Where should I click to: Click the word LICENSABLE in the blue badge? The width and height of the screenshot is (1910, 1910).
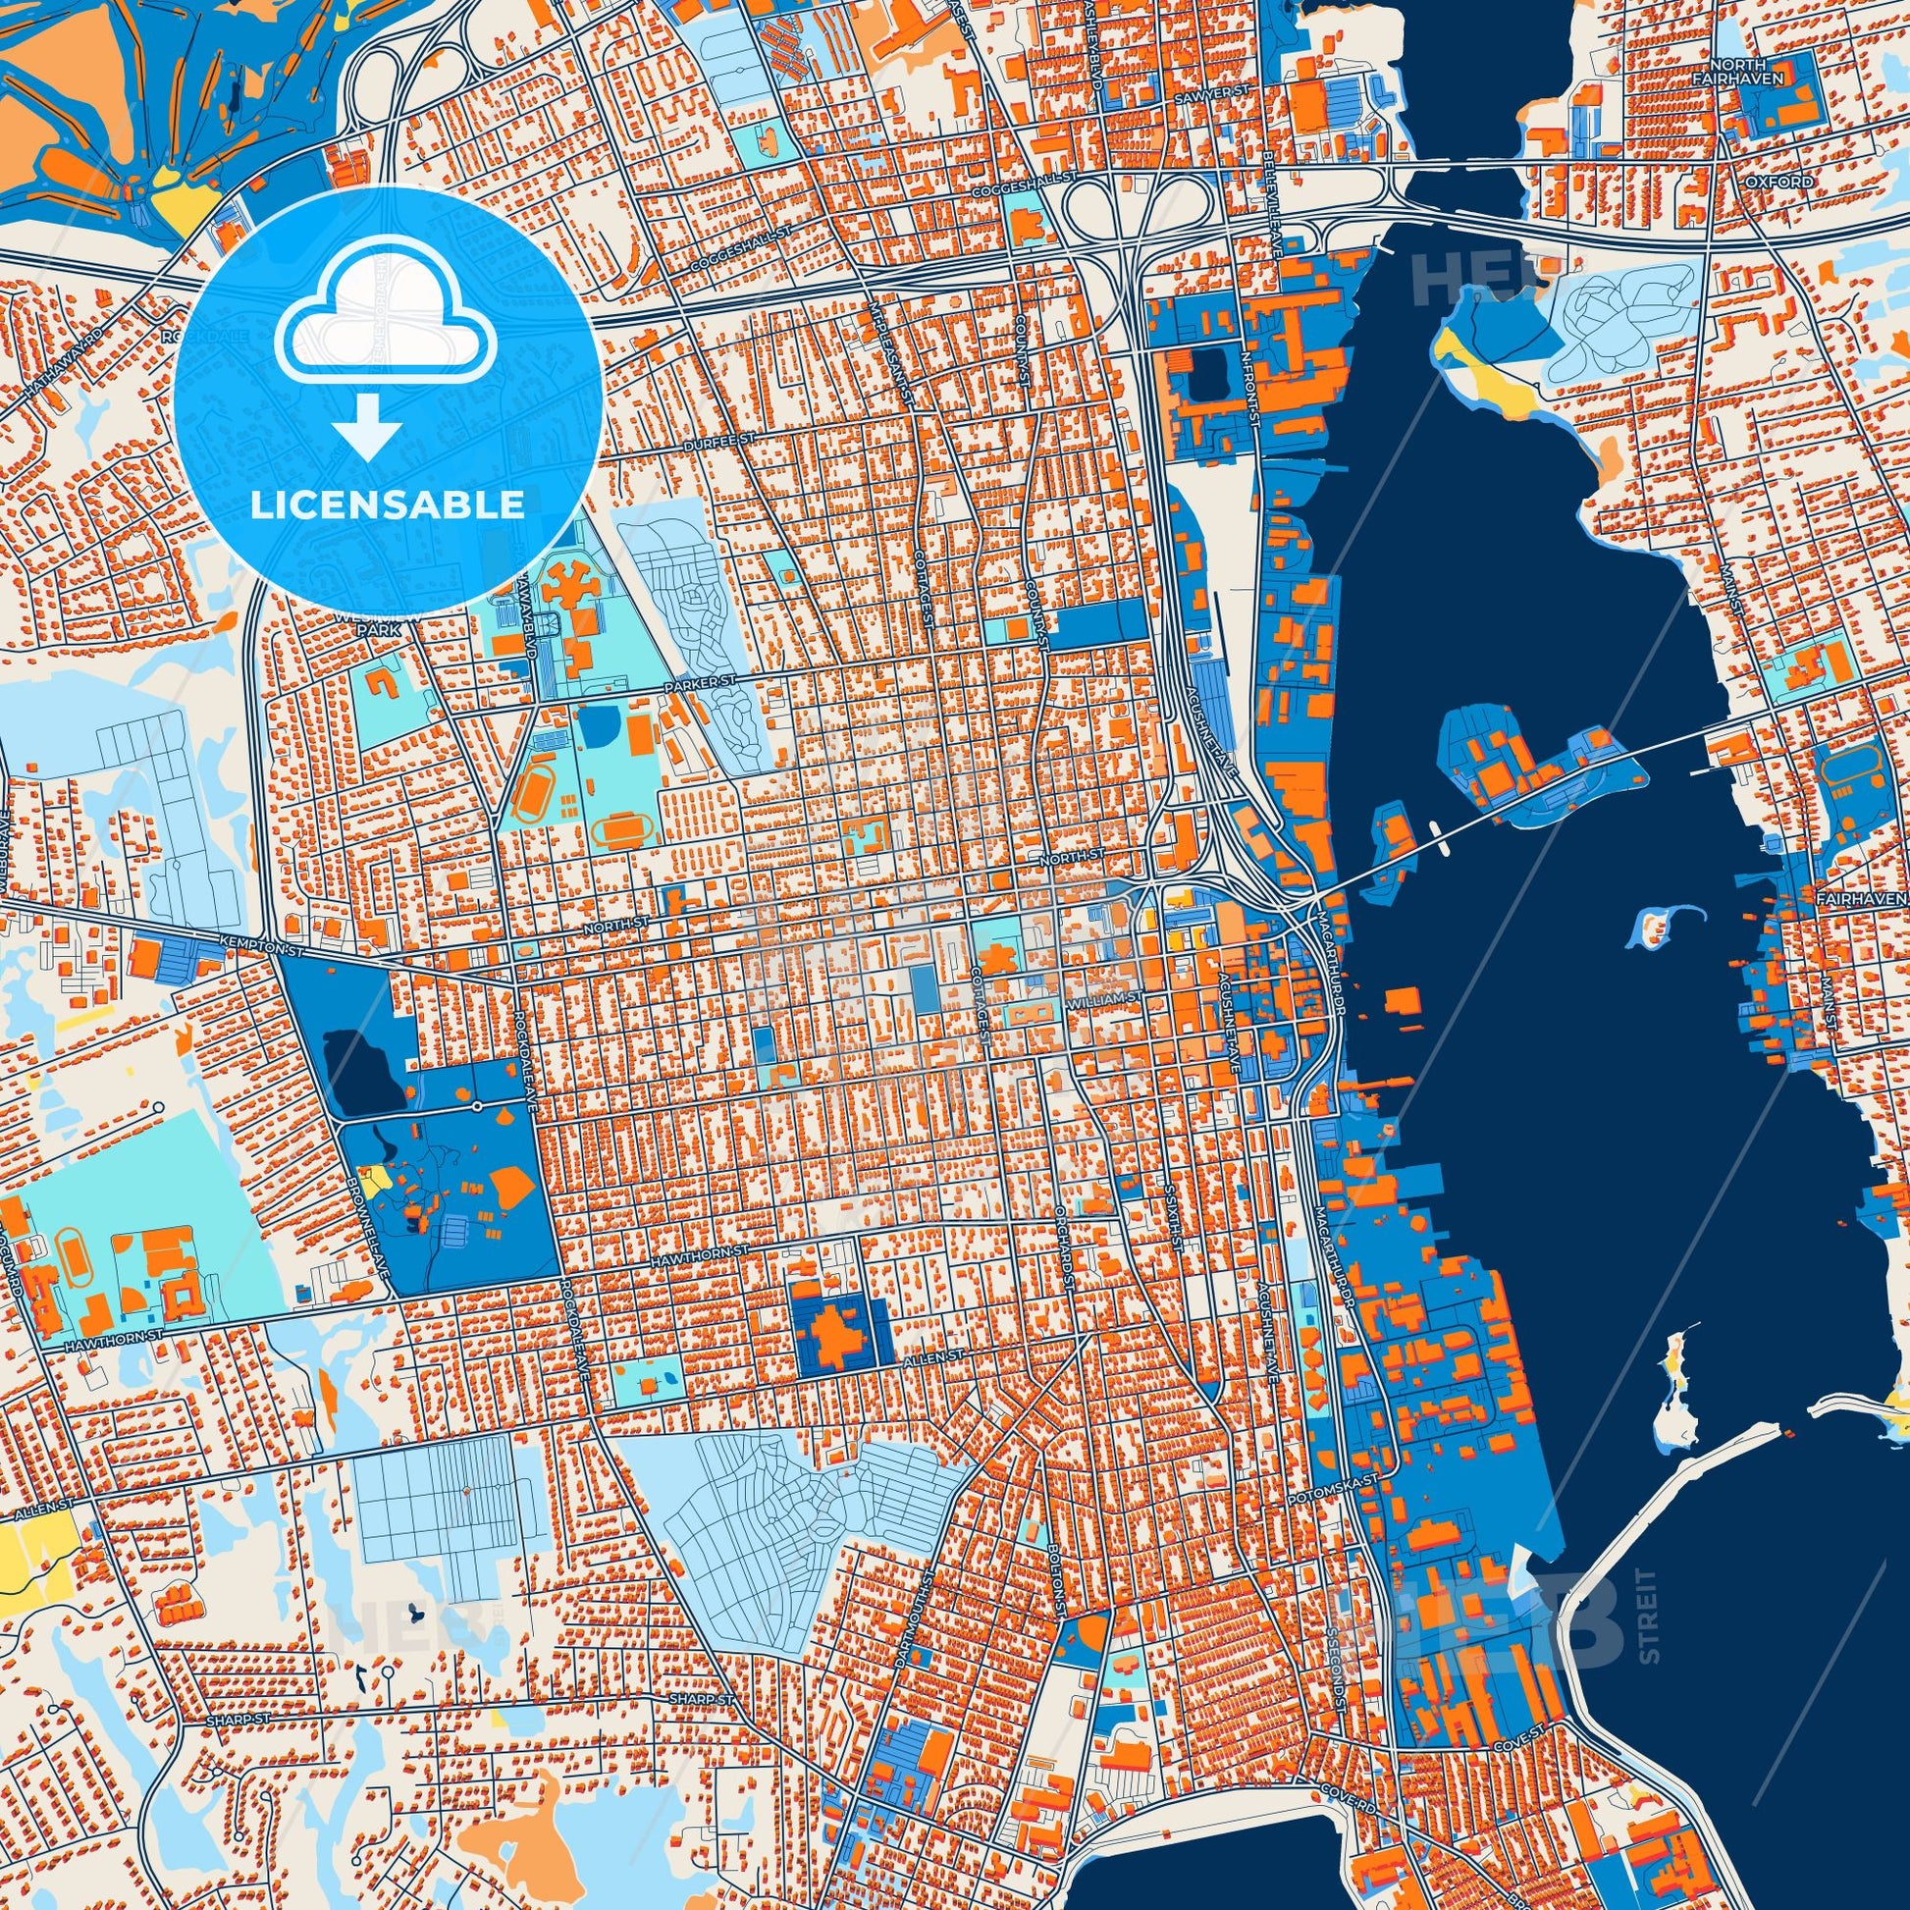[x=387, y=505]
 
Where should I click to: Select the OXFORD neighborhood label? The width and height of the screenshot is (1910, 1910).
[x=1792, y=183]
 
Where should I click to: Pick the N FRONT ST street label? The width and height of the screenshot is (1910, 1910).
[x=1248, y=375]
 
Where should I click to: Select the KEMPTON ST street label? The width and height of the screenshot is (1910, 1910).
[x=260, y=947]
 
